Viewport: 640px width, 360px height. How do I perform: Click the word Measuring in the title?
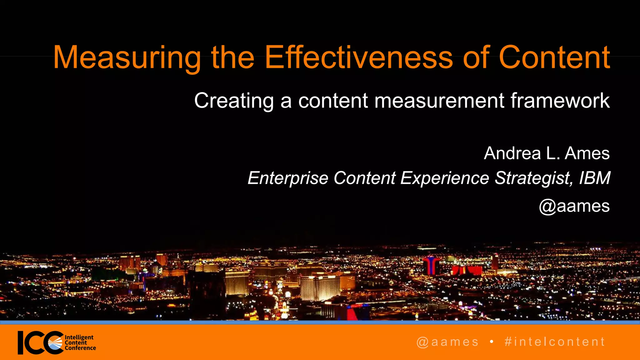(x=127, y=58)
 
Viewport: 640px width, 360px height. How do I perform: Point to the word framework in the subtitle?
(x=560, y=101)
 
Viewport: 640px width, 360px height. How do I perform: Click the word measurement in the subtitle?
(x=439, y=101)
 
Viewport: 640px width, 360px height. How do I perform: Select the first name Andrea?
(x=512, y=153)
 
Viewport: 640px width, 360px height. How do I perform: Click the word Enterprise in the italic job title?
(x=287, y=178)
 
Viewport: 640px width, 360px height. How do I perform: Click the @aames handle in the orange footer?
(x=447, y=342)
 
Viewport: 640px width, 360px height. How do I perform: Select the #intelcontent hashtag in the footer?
(x=555, y=342)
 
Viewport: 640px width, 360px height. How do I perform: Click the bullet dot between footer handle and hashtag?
(x=492, y=342)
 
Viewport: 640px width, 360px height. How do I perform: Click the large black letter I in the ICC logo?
(x=21, y=343)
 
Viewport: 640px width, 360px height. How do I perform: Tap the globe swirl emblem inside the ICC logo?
(x=55, y=343)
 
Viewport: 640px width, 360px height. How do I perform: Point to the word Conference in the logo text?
(x=80, y=348)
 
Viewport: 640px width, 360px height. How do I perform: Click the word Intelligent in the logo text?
(x=79, y=337)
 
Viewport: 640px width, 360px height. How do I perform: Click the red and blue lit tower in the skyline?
(x=431, y=265)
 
